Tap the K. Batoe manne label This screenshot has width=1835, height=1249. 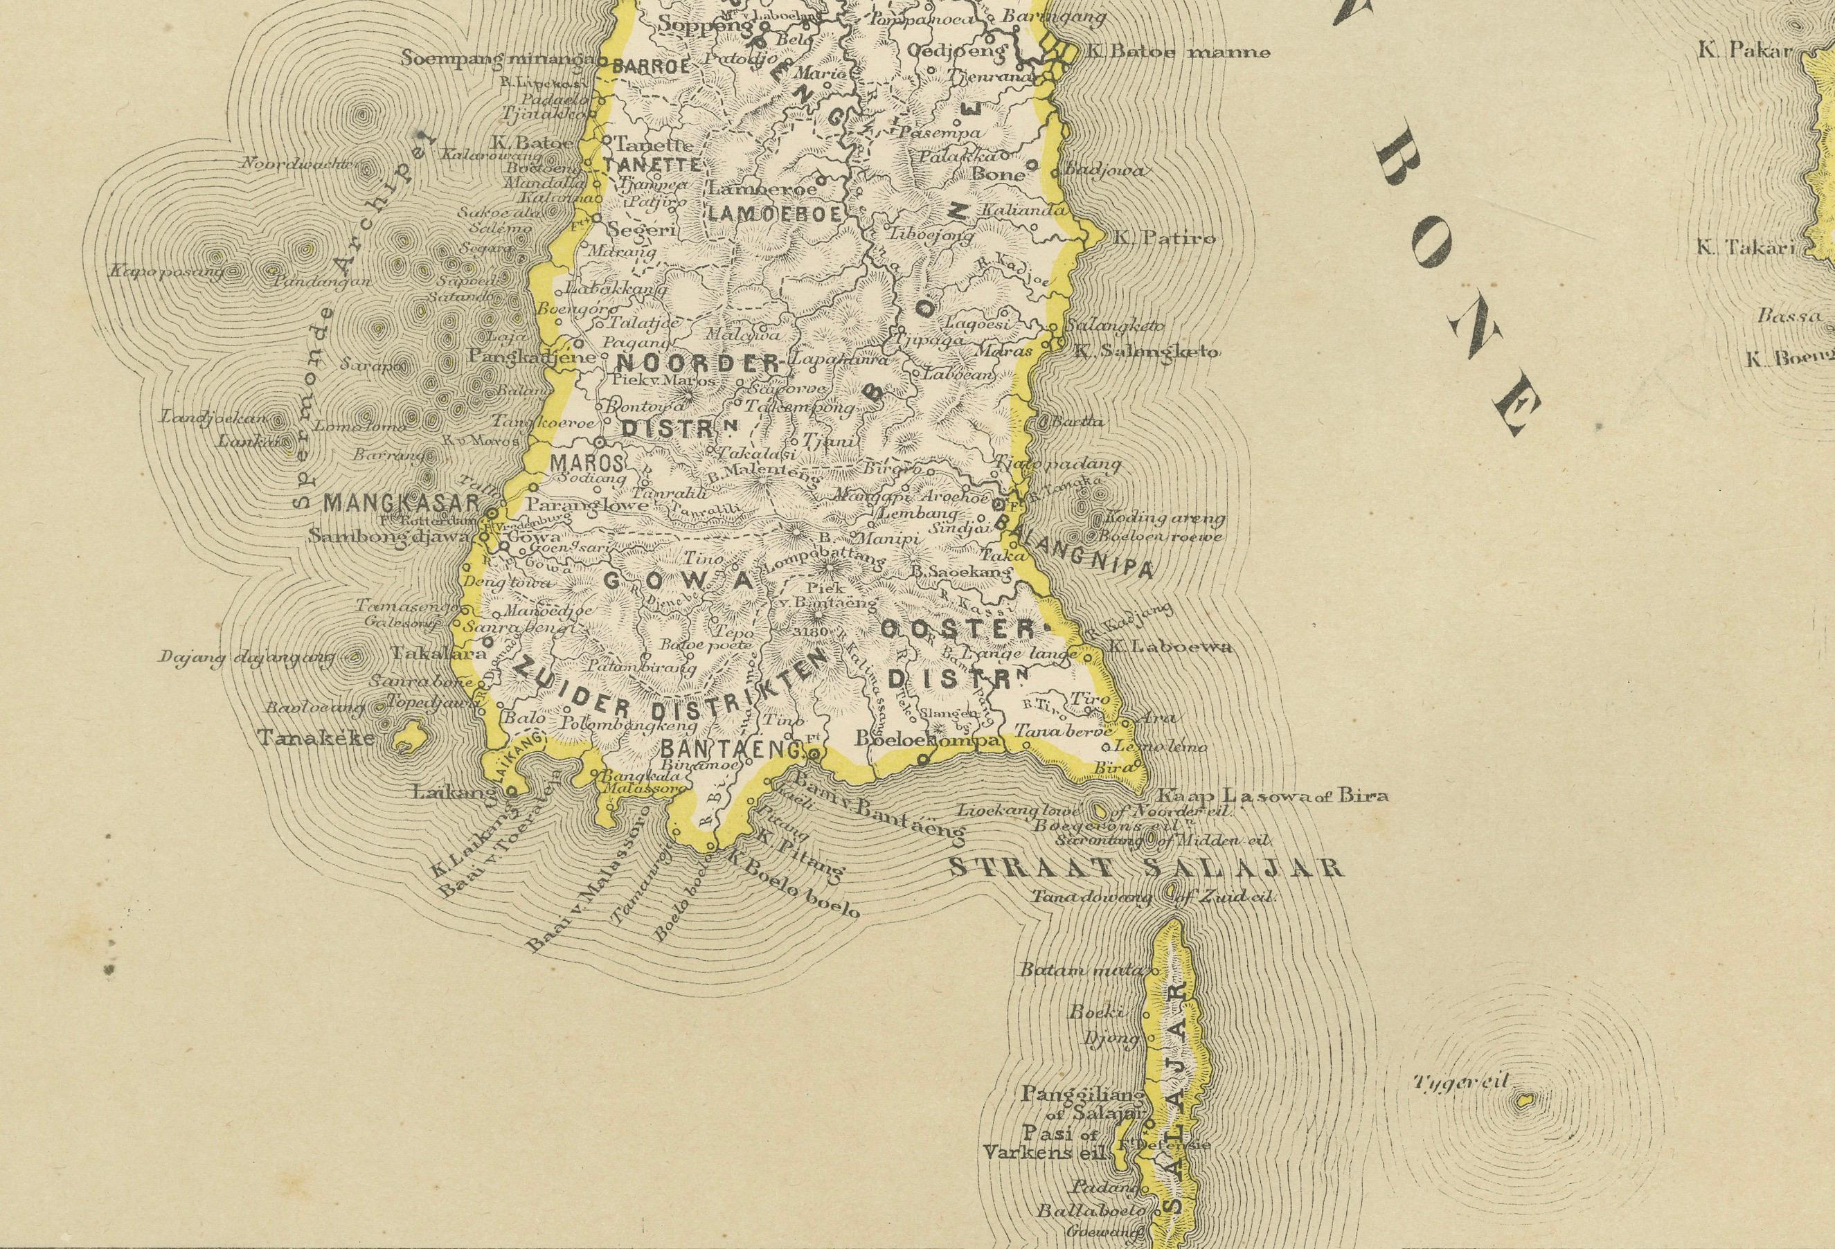pos(1177,53)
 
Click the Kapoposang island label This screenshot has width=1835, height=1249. pos(165,271)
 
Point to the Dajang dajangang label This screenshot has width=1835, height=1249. pos(247,657)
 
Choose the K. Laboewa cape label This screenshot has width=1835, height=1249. pos(1170,647)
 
